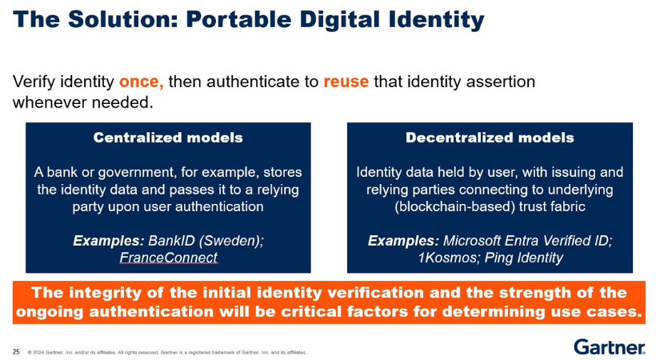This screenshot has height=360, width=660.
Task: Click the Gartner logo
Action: [609, 347]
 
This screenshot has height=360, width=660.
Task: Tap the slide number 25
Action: [16, 351]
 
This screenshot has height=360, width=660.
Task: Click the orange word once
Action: [141, 82]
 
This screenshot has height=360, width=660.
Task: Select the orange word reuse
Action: [346, 82]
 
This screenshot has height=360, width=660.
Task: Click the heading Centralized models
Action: [168, 138]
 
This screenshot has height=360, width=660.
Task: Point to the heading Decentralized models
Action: [490, 138]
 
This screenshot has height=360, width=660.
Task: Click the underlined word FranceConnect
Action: [168, 258]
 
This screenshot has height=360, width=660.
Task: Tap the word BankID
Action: [172, 241]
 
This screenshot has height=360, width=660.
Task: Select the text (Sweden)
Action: [231, 241]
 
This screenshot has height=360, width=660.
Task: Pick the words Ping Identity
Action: [524, 258]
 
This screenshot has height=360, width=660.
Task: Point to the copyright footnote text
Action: [167, 353]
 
